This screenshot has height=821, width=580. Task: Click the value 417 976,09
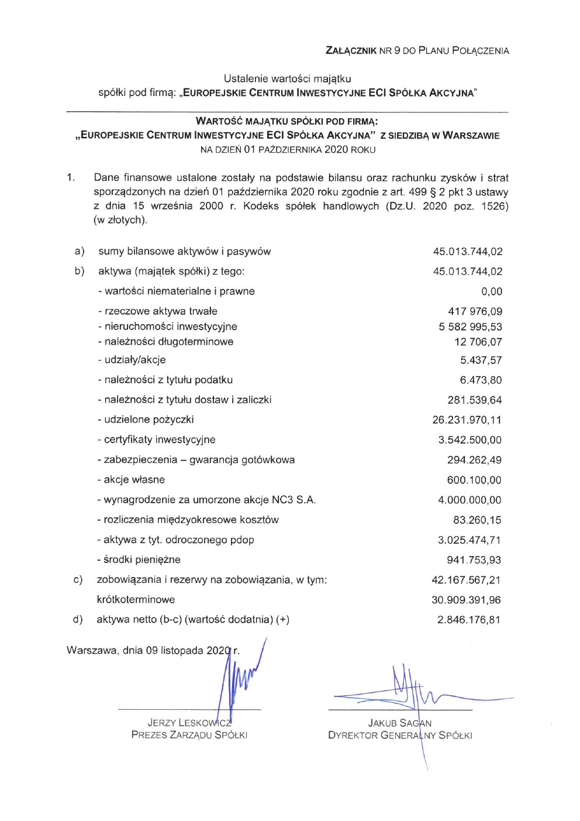pyautogui.click(x=475, y=311)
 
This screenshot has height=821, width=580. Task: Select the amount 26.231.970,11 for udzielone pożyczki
pyautogui.click(x=467, y=420)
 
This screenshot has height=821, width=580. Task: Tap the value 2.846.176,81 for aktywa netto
pyautogui.click(x=468, y=620)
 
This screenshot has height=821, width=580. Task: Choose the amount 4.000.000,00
pyautogui.click(x=469, y=500)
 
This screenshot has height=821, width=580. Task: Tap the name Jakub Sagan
pyautogui.click(x=400, y=723)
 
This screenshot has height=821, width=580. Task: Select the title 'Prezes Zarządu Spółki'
pyautogui.click(x=189, y=735)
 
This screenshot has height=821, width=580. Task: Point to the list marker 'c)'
pyautogui.click(x=78, y=580)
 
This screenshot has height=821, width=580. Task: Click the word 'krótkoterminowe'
pyautogui.click(x=136, y=600)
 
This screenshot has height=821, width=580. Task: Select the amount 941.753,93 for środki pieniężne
pyautogui.click(x=474, y=560)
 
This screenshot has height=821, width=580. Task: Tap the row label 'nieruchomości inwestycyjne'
pyautogui.click(x=167, y=327)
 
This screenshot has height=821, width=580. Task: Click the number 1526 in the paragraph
pyautogui.click(x=494, y=206)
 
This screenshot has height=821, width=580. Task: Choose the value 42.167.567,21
pyautogui.click(x=466, y=580)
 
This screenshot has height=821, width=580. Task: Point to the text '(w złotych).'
pyautogui.click(x=120, y=220)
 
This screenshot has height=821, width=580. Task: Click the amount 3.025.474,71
pyautogui.click(x=469, y=540)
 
